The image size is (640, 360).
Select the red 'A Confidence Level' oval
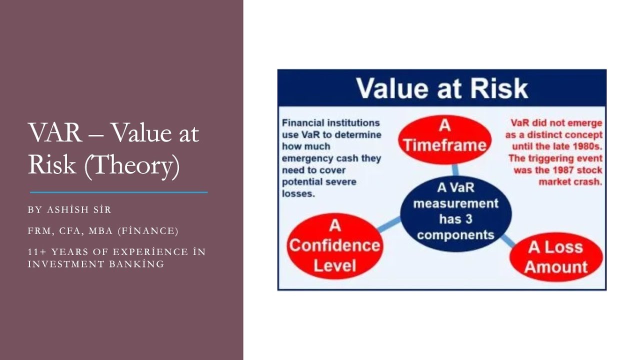click(334, 246)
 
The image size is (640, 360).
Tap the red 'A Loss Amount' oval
click(555, 257)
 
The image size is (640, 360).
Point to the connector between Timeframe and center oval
click(455, 170)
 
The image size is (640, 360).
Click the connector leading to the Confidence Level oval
click(388, 225)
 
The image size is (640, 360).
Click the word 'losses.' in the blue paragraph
click(298, 193)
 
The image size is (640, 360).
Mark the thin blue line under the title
click(119, 192)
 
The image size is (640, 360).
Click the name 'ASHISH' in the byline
click(68, 210)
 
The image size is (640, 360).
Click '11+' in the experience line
click(37, 251)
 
